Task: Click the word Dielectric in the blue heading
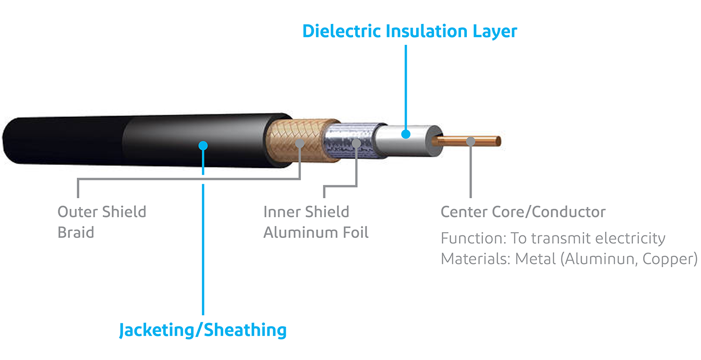[x=342, y=31]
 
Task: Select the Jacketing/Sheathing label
[x=203, y=330]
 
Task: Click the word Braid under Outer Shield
[x=76, y=232]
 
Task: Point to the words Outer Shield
[x=102, y=212]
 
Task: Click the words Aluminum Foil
[x=316, y=232]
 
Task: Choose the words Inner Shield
[x=306, y=212]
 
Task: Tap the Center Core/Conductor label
[x=523, y=212]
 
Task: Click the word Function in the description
[x=469, y=238]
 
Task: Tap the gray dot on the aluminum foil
[x=357, y=142]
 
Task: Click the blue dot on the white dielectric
[x=406, y=134]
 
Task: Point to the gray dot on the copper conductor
[x=471, y=141]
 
